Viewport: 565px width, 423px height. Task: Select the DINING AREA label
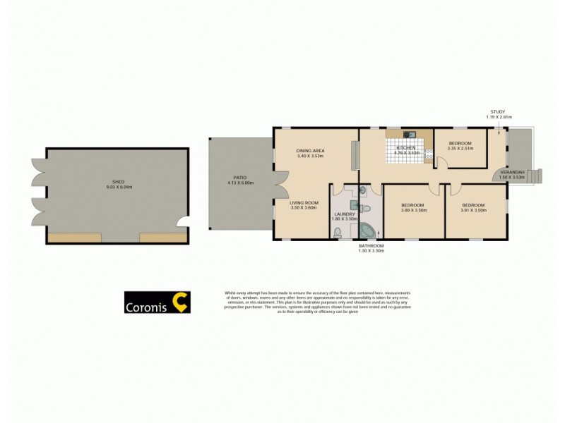[310, 150]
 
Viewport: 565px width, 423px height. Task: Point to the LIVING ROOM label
[304, 203]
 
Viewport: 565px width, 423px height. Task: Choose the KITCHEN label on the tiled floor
[406, 147]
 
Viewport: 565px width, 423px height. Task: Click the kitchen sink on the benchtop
[407, 134]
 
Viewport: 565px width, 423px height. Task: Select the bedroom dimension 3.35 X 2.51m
[460, 149]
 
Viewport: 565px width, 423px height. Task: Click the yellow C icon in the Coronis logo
[180, 302]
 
